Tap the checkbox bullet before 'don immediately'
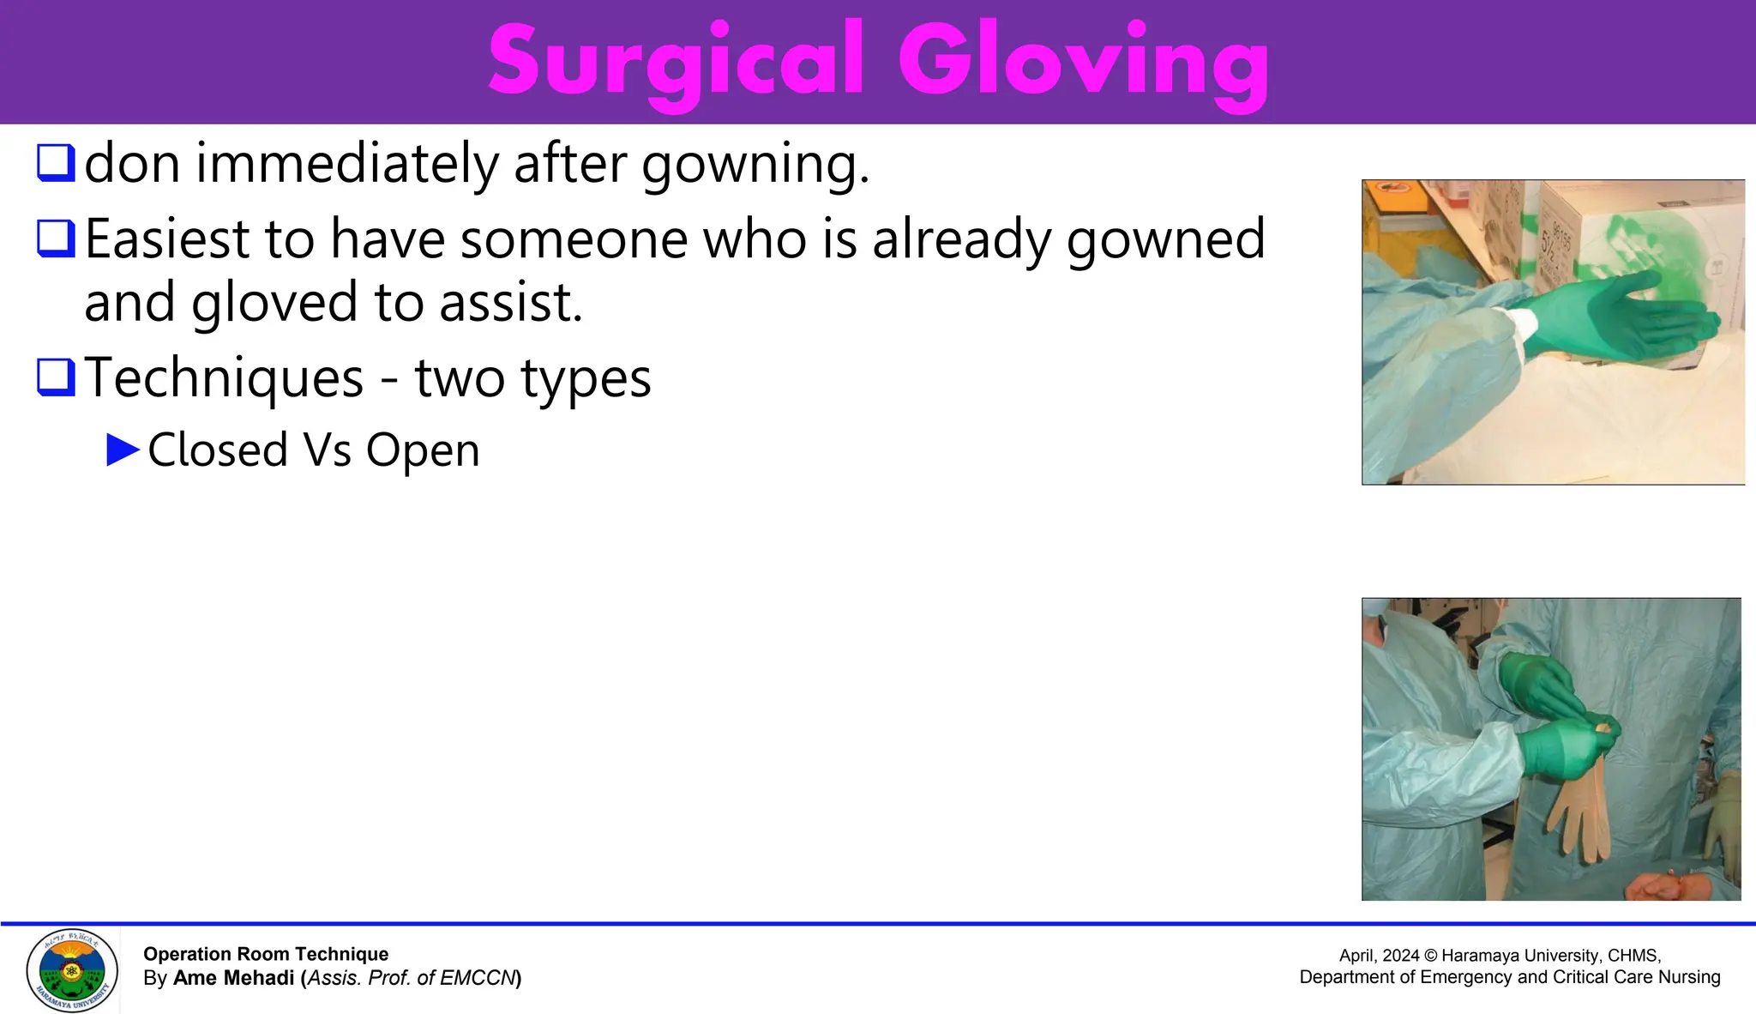point(57,162)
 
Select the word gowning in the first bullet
point(755,165)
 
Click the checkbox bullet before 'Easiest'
point(57,238)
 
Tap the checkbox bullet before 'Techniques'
point(57,377)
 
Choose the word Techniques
point(225,378)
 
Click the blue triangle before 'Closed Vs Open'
point(123,450)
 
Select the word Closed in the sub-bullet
point(218,450)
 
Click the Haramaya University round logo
point(72,970)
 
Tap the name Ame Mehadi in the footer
point(233,978)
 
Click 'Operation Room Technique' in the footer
point(266,954)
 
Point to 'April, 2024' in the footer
point(1379,956)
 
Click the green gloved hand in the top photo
point(1621,322)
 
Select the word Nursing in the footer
point(1688,977)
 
